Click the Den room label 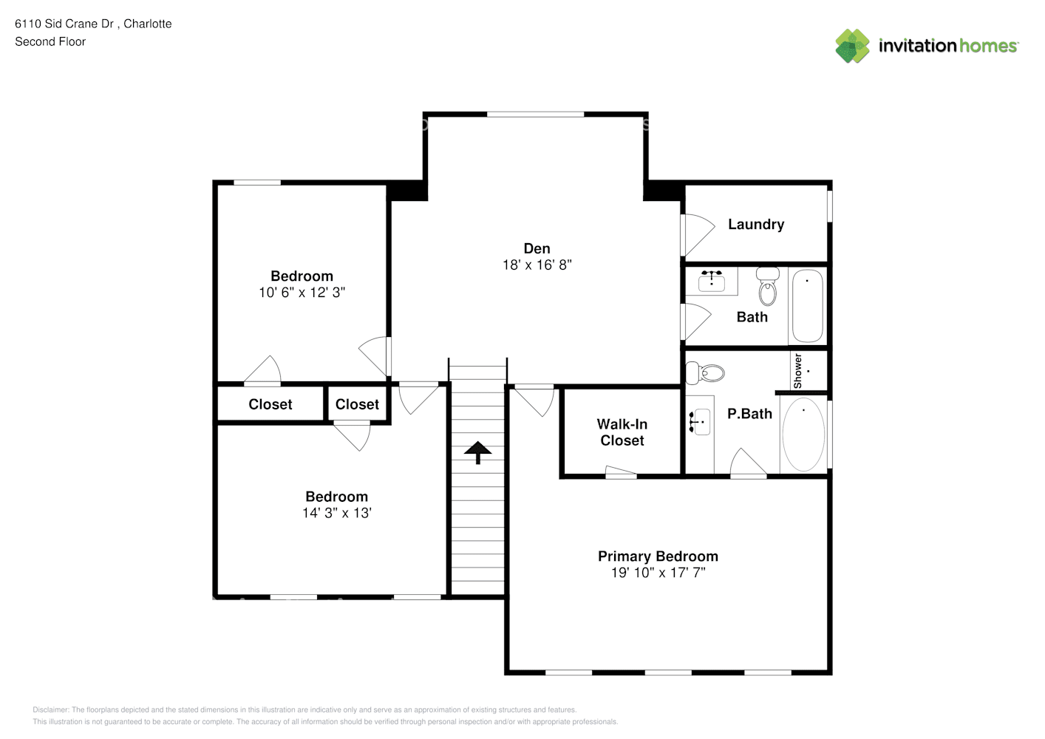537,248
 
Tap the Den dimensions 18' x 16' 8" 537,265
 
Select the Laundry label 755,225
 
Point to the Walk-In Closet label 622,432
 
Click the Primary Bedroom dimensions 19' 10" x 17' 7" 658,573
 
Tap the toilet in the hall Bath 768,286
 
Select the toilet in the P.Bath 705,373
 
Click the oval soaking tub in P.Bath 803,435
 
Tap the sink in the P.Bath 700,422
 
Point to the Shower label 797,371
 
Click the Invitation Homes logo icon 852,46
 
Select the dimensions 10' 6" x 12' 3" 302,293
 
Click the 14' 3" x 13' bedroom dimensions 336,514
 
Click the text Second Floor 50,42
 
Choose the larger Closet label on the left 270,404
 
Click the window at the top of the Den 535,115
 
